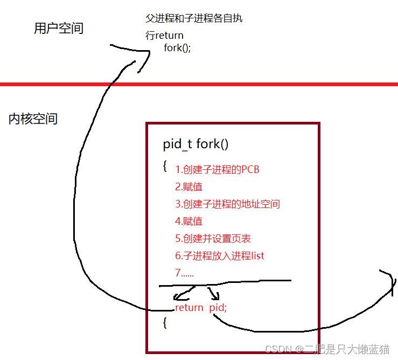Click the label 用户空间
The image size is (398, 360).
pos(59,29)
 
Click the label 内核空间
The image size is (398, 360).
pos(33,119)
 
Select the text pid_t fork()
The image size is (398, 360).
pos(195,144)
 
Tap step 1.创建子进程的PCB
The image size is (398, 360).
pos(217,170)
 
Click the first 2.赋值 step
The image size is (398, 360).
pos(188,187)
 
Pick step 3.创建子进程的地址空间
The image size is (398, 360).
pos(227,204)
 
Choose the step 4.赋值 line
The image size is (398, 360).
pos(188,221)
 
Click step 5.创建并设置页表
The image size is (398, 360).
pos(213,239)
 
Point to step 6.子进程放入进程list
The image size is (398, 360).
pos(220,256)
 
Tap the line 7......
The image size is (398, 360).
pos(184,273)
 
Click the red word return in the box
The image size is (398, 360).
pos(189,308)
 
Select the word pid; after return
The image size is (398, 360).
pos(218,308)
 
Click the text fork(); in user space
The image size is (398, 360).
pos(177,47)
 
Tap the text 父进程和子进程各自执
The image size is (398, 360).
pos(194,18)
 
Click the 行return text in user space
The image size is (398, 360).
pos(164,36)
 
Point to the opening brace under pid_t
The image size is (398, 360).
pos(165,165)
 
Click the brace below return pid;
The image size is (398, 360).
pos(165,323)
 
